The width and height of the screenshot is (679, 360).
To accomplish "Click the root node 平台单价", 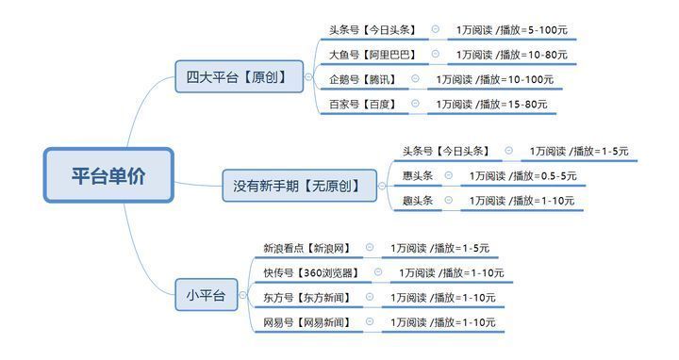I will [108, 175].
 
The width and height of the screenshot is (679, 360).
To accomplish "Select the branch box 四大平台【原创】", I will [239, 76].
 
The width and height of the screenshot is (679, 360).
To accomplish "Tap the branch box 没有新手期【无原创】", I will [297, 186].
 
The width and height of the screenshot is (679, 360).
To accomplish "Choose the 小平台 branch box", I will [206, 296].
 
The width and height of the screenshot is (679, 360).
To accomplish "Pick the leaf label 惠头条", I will [417, 175].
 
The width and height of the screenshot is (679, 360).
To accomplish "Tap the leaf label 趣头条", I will [417, 200].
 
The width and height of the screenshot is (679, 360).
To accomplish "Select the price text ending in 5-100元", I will [502, 31].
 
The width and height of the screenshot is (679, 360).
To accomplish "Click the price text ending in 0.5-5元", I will [522, 175].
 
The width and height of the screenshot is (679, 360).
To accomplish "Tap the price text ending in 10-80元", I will [502, 56].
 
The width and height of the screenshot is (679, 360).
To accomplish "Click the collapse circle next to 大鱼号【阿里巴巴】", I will [435, 55].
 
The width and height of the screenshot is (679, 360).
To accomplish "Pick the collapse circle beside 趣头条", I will [448, 200].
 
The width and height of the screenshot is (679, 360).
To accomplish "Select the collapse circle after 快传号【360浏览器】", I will [377, 273].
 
